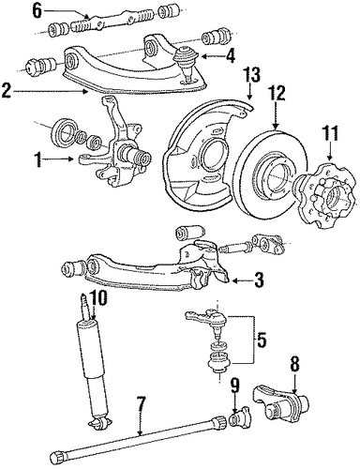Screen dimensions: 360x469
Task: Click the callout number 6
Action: [37, 11]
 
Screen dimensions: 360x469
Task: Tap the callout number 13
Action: [252, 76]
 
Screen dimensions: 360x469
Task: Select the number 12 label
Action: [277, 94]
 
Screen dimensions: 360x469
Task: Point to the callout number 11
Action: [331, 134]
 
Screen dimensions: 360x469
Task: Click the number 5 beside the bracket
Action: [262, 340]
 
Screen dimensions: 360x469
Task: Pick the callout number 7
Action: [141, 404]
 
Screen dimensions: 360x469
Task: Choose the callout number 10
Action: [98, 298]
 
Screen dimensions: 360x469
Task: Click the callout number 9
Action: [235, 387]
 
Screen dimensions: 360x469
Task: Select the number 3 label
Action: [258, 280]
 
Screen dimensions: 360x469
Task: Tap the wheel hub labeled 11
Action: [325, 195]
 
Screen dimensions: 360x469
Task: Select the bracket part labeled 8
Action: [280, 405]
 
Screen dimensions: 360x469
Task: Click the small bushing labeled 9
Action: [239, 417]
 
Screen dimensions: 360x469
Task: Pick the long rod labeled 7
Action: [138, 442]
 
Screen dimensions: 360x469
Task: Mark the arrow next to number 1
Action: [58, 159]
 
